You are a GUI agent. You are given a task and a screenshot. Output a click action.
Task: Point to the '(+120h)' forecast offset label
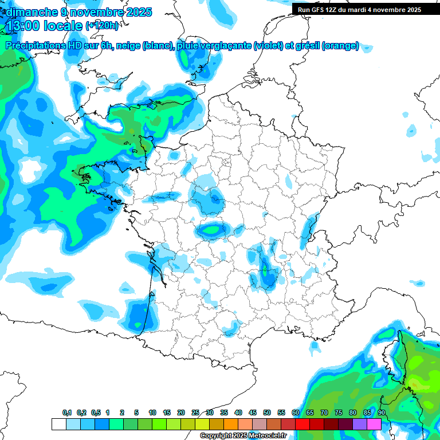click(x=103, y=26)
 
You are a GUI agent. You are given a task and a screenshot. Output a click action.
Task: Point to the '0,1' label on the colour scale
click(x=67, y=413)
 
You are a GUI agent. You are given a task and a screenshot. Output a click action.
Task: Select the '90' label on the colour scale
click(x=381, y=413)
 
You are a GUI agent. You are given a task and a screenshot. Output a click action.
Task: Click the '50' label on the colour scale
click(x=267, y=413)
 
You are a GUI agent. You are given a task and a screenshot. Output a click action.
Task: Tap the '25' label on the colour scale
click(x=195, y=413)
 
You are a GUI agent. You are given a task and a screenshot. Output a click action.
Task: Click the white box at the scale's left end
click(x=58, y=424)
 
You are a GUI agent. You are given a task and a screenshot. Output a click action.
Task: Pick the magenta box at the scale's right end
click(x=374, y=424)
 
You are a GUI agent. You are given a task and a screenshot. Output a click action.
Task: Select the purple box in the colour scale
click(x=360, y=424)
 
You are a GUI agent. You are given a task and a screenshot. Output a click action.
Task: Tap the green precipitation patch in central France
click(x=213, y=230)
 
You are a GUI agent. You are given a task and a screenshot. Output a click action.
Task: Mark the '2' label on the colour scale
click(x=122, y=413)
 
